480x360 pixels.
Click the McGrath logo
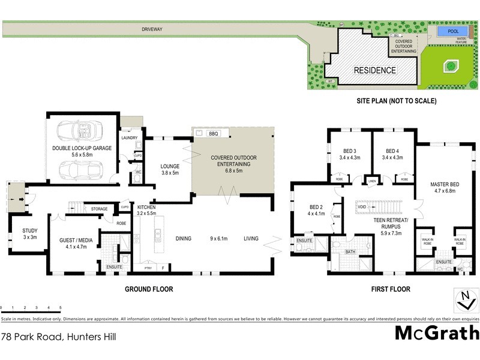pos(436,332)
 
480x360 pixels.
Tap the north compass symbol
pos(465,299)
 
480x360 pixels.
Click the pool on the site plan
pos(448,31)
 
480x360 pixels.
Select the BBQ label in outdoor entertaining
pos(213,133)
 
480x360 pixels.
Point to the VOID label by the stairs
pos(362,208)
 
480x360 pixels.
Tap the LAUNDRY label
pos(130,138)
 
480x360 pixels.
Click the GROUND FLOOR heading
pos(149,289)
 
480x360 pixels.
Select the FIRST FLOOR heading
pos(391,289)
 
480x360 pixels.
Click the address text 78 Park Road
pos(58,337)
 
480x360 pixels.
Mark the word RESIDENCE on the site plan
pos(374,70)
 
